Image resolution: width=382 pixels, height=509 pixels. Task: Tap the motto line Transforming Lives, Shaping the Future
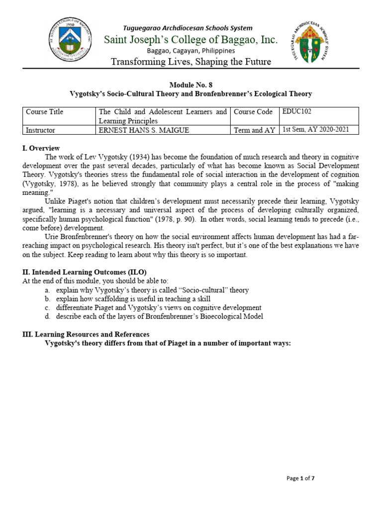click(191, 62)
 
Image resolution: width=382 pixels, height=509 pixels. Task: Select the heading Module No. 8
click(191, 85)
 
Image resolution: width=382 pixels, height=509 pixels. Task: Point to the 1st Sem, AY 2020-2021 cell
click(316, 130)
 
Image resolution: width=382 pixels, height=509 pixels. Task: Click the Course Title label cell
click(45, 112)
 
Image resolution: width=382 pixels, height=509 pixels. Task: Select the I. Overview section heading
click(41, 148)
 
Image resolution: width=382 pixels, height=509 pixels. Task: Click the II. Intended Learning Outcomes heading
click(85, 272)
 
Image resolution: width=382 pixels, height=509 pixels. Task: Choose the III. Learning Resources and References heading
click(86, 334)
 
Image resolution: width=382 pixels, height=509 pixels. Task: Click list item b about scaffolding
click(133, 299)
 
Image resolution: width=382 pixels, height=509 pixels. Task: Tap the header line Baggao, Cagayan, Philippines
click(191, 51)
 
